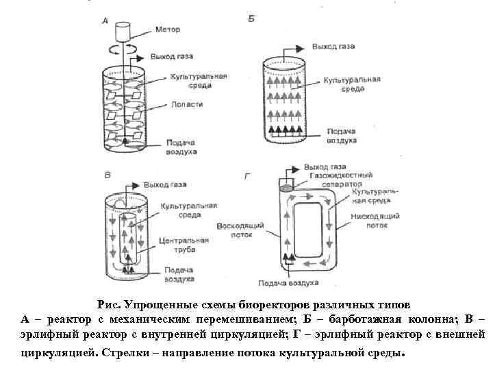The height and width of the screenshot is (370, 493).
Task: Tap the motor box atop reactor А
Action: point(124,31)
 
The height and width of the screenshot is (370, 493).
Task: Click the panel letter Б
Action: point(251,18)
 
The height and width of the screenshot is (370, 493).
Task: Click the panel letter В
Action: point(107,175)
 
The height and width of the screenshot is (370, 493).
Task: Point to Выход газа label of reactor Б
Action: point(333,47)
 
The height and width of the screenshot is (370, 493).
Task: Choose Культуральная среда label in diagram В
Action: point(188,210)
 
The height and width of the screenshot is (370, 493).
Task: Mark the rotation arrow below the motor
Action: point(123,49)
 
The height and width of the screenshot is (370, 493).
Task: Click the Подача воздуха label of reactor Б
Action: point(341,136)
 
